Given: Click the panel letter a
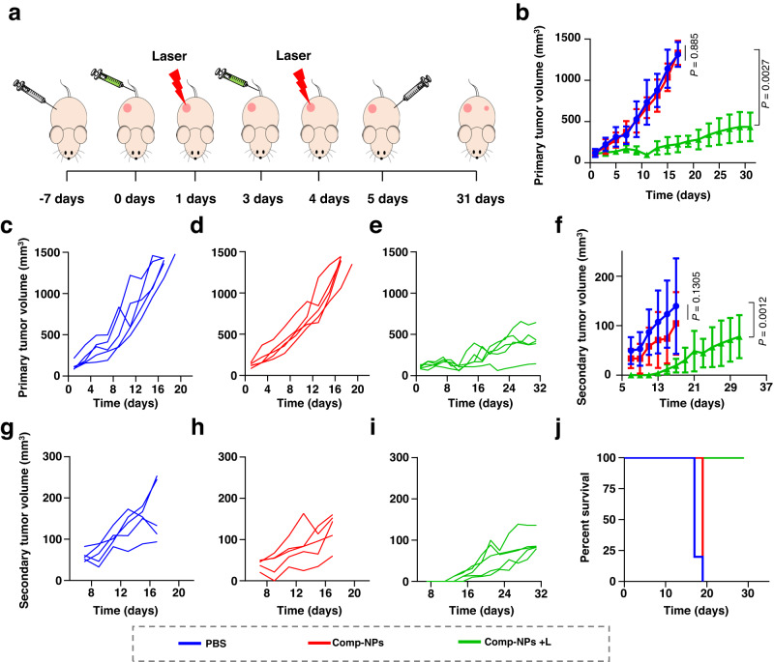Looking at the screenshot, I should [x=12, y=13].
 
